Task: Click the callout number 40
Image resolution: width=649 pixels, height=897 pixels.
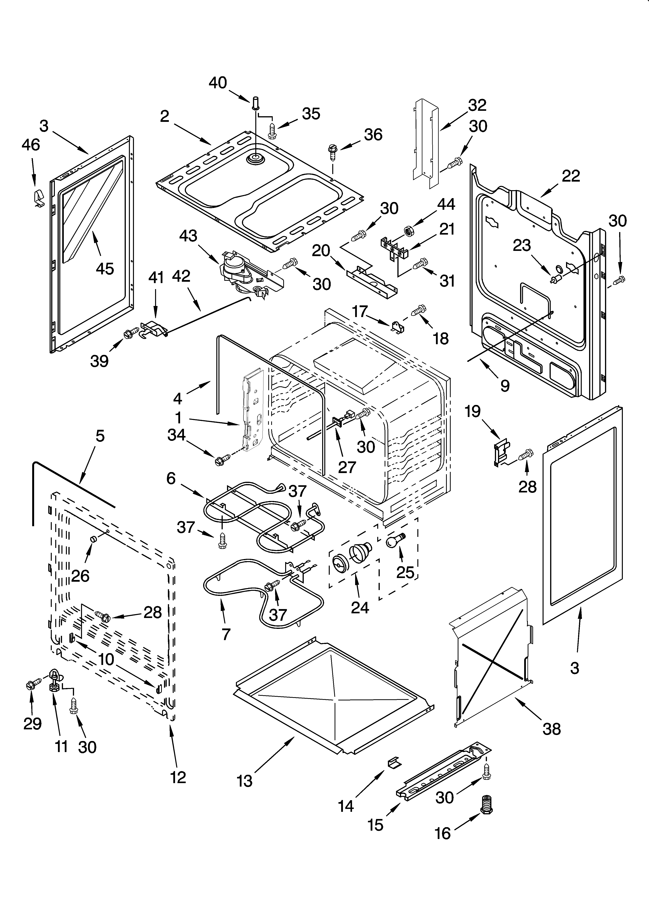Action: (218, 83)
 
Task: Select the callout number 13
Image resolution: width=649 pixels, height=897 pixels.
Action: (245, 781)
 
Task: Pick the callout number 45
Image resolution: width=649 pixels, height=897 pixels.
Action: (105, 269)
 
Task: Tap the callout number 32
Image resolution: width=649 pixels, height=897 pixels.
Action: (477, 105)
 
